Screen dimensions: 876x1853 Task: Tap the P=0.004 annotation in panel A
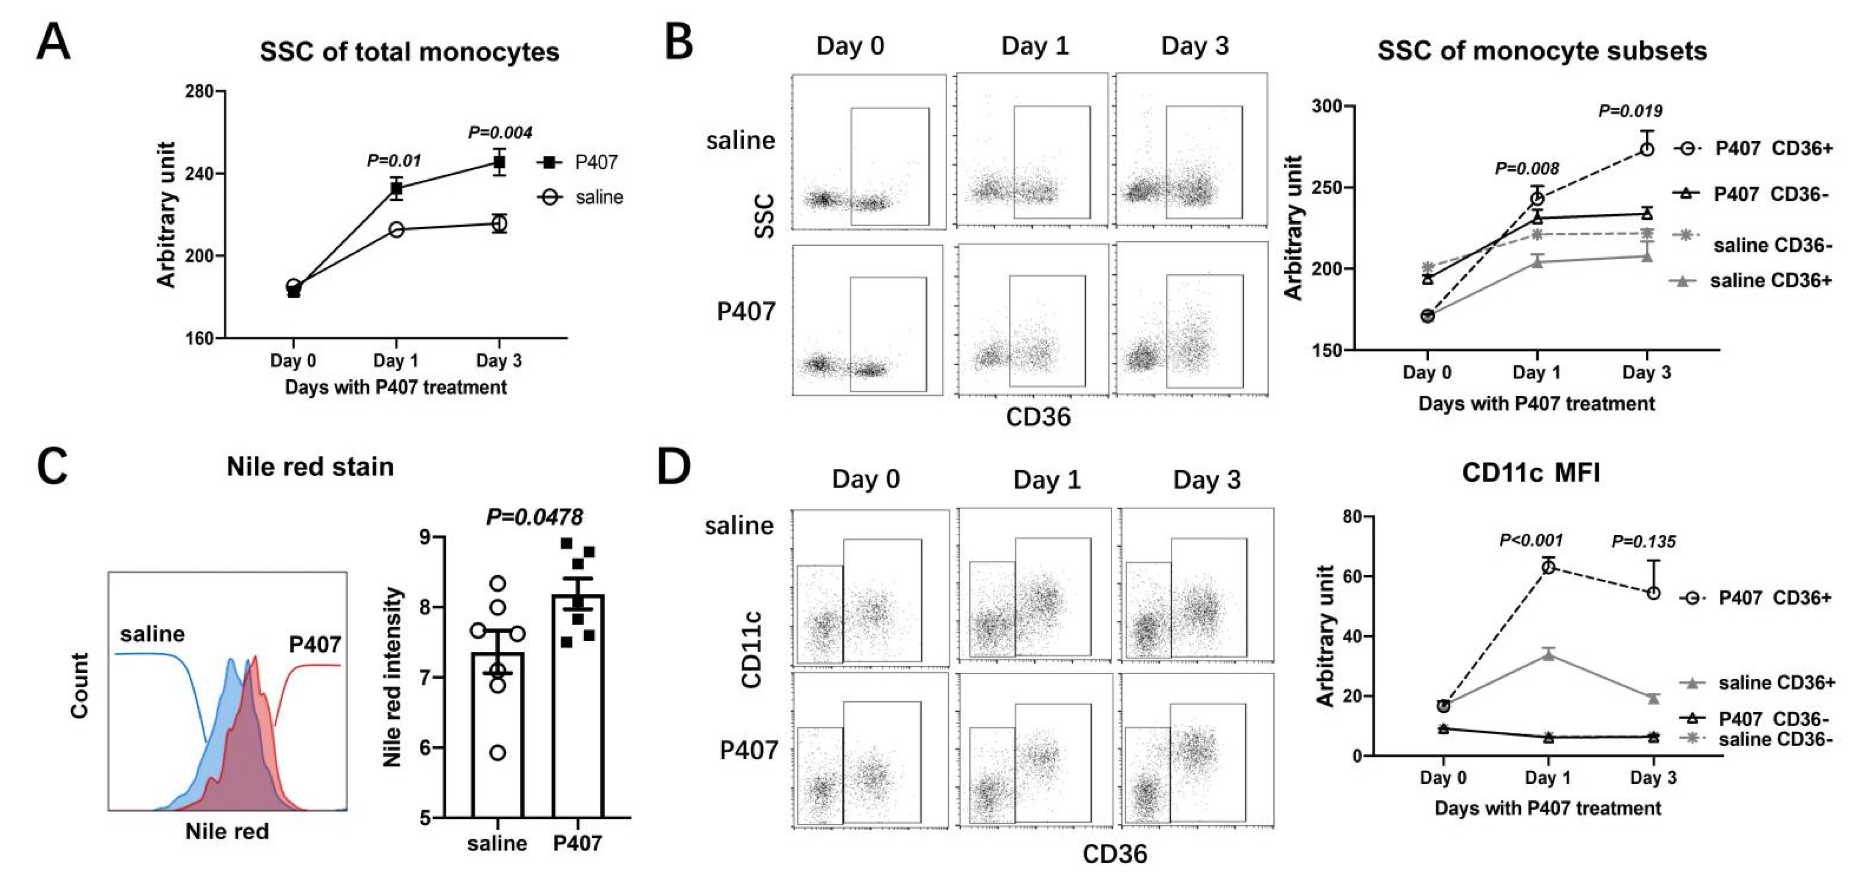[500, 133]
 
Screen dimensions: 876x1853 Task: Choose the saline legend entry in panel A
[598, 197]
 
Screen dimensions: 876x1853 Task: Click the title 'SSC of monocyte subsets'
[1541, 51]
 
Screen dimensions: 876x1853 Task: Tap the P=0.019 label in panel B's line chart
[1630, 111]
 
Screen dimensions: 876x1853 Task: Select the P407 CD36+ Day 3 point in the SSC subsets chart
[1646, 149]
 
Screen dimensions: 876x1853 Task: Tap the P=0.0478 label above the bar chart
[534, 517]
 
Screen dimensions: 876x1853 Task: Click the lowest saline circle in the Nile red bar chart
[497, 753]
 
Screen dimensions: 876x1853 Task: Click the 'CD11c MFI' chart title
[1531, 473]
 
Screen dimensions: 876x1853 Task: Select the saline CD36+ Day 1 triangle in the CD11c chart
[1548, 655]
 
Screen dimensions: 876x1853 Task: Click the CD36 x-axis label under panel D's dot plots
[1114, 854]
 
